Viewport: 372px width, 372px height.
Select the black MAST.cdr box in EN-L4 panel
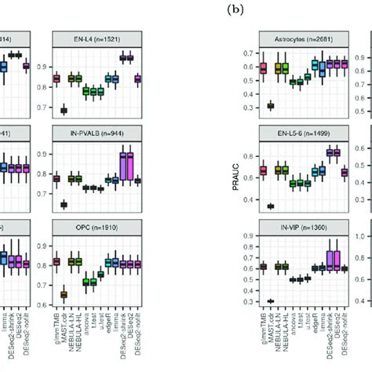click(x=64, y=111)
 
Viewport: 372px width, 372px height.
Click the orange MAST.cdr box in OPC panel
click(x=64, y=294)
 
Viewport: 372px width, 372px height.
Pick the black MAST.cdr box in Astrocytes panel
click(x=272, y=105)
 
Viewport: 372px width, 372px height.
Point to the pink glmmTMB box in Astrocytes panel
click(x=264, y=68)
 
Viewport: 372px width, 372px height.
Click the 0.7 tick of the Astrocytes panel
click(x=250, y=53)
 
